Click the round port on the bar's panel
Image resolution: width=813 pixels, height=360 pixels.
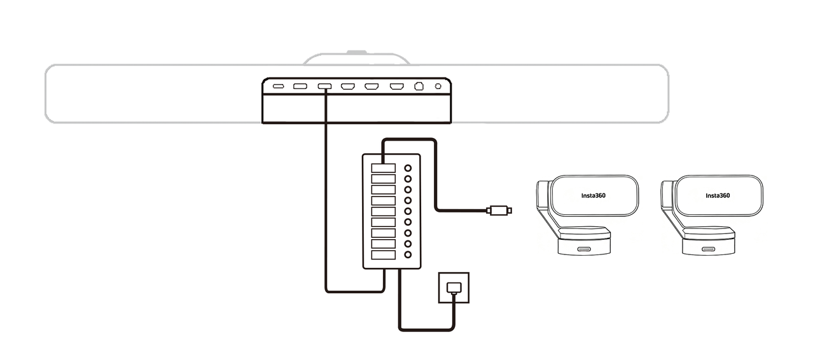click(x=438, y=86)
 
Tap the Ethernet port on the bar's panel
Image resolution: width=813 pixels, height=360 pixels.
click(x=419, y=86)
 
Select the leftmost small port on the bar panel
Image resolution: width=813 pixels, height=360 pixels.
click(x=278, y=86)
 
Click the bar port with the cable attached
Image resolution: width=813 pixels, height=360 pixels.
click(x=324, y=86)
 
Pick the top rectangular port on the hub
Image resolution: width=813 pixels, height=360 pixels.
click(x=384, y=168)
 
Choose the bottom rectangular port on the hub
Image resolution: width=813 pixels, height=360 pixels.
click(x=384, y=254)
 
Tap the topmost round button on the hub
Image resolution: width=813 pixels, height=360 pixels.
click(x=408, y=169)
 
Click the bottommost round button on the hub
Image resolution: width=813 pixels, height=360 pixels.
click(x=408, y=254)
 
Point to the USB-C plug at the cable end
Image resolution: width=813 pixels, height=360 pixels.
click(x=499, y=210)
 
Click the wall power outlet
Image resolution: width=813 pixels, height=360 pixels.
click(x=454, y=288)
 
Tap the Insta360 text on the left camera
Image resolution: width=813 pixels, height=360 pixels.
click(x=593, y=195)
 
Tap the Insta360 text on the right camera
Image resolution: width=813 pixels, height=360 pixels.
click(x=717, y=195)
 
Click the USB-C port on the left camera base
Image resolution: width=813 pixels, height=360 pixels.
click(x=583, y=249)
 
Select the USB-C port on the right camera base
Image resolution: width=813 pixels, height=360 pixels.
click(x=707, y=249)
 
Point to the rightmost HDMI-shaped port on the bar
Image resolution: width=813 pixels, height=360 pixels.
click(x=396, y=86)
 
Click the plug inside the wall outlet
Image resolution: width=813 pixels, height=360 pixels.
click(x=454, y=287)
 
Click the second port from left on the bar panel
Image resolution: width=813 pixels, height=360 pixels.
click(x=300, y=86)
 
